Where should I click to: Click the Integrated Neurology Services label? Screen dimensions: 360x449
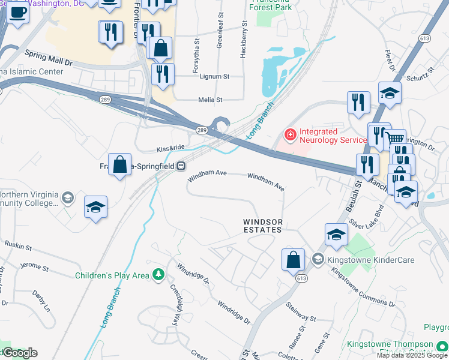click(333, 136)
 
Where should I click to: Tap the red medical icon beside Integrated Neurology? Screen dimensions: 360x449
click(291, 134)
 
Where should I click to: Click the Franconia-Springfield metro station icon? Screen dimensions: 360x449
click(180, 166)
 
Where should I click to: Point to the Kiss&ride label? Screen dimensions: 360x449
click(170, 148)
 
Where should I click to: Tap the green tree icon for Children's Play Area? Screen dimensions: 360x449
click(158, 275)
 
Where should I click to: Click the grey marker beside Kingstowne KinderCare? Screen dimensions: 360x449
click(317, 259)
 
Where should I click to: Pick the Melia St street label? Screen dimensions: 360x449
click(211, 100)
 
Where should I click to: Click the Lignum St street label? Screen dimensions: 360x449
click(215, 77)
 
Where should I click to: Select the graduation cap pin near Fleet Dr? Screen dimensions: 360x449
click(390, 93)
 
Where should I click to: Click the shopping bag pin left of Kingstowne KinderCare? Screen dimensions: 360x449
click(293, 260)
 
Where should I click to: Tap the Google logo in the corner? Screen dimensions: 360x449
click(19, 353)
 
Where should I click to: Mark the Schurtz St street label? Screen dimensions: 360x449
click(420, 75)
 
